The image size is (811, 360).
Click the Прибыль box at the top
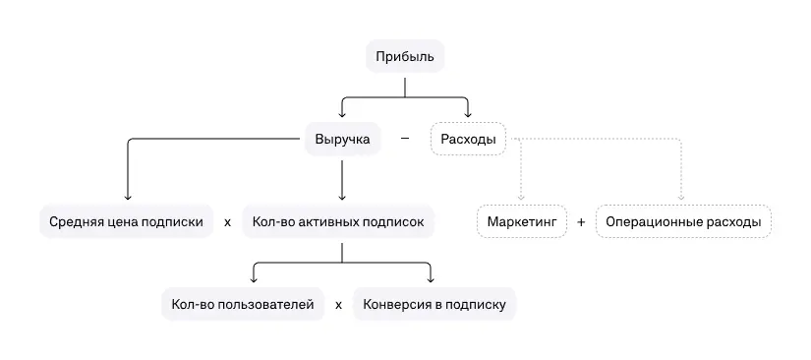(405, 56)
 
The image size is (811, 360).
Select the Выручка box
(342, 140)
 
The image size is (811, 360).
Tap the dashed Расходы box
(467, 140)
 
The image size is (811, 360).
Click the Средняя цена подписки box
(127, 222)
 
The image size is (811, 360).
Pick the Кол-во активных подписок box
(338, 222)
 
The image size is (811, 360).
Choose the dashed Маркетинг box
(522, 222)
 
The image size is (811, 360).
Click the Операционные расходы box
(683, 222)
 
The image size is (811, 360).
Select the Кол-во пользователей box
(242, 305)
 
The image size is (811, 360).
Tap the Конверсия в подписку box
(434, 305)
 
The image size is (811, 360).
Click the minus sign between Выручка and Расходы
(405, 139)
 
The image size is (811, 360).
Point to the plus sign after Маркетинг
(581, 222)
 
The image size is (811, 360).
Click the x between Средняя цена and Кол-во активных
(227, 222)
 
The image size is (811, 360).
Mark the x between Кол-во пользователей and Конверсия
(338, 305)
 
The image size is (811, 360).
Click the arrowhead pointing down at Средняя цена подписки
(128, 197)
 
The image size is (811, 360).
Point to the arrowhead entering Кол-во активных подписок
(341, 197)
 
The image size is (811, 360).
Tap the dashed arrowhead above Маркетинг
(522, 197)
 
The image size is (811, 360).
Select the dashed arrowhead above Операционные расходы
(681, 197)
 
